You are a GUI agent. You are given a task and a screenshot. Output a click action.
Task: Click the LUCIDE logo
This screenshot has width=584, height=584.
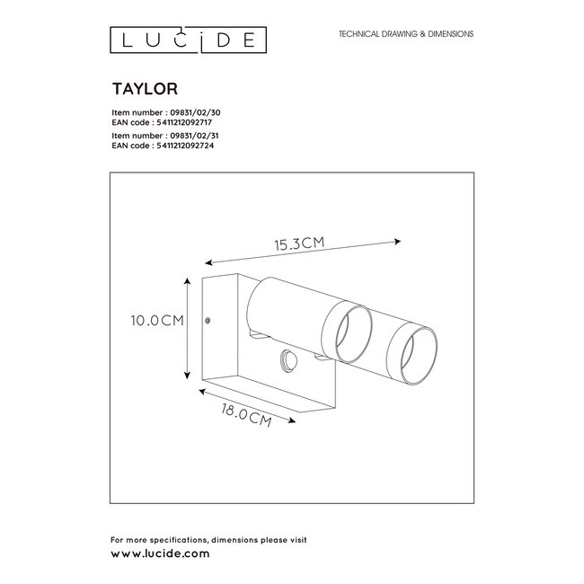187,39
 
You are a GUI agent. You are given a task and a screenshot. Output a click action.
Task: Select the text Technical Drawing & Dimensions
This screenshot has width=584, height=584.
405,34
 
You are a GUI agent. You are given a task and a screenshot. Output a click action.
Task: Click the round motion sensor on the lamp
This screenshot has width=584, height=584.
288,358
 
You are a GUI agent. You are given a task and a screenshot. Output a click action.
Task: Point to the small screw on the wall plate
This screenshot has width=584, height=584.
209,319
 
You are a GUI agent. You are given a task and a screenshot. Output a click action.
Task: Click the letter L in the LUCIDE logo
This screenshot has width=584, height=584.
117,39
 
